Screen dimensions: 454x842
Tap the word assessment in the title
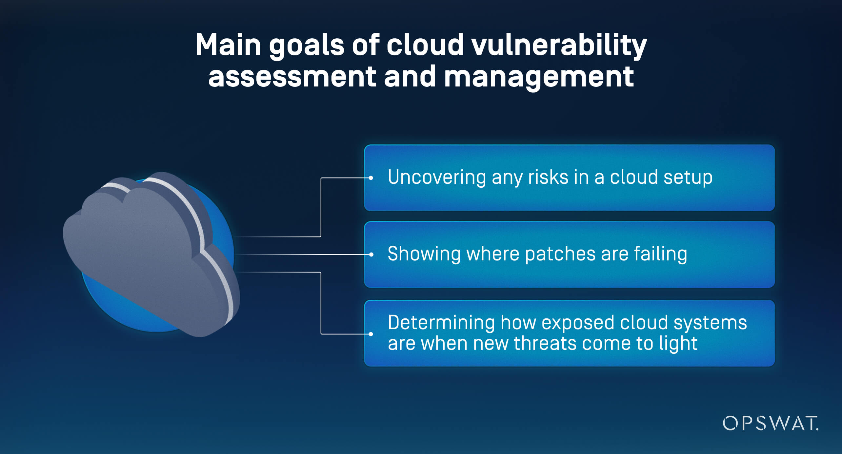pos(292,77)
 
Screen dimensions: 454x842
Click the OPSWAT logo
pos(770,423)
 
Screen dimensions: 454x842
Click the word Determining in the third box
pos(441,323)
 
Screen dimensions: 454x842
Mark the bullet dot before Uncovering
pos(371,178)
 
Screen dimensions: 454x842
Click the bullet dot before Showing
pos(371,255)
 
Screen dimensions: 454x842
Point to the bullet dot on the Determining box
pos(371,334)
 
